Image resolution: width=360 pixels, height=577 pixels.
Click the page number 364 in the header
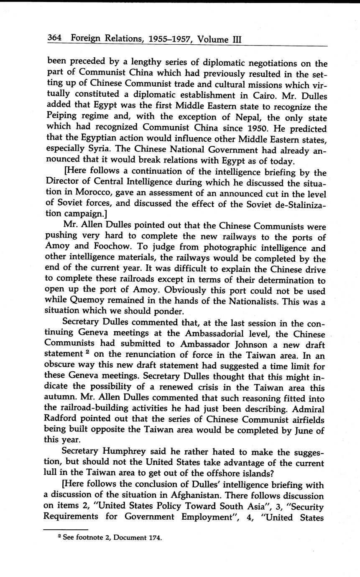coord(54,38)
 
